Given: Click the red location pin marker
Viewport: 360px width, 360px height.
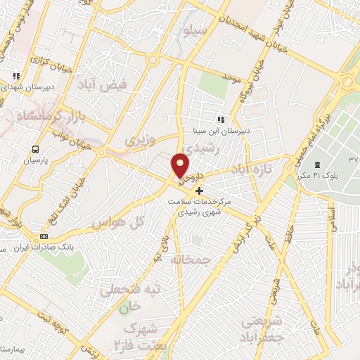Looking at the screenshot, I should click(181, 166).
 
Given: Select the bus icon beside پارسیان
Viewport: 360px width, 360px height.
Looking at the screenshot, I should click(34, 148).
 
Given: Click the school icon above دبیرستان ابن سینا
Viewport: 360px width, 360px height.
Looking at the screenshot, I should click(221, 120).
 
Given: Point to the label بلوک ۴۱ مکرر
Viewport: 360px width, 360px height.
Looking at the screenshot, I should click(318, 174).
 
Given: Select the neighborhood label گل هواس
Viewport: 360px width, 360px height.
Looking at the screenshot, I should click(117, 222).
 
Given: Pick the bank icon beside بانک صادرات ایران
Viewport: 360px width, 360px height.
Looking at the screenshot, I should click(44, 236).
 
